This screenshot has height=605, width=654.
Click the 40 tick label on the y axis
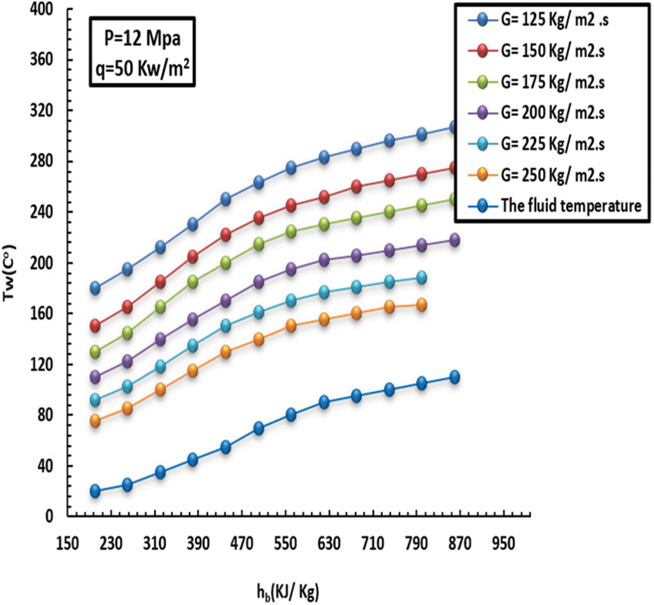point(44,466)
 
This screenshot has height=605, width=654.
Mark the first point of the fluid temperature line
point(94,491)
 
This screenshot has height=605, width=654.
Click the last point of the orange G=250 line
point(421,305)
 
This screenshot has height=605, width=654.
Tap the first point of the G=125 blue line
point(94,288)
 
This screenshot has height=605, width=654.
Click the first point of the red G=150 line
point(94,326)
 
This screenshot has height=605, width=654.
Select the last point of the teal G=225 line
point(421,278)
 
